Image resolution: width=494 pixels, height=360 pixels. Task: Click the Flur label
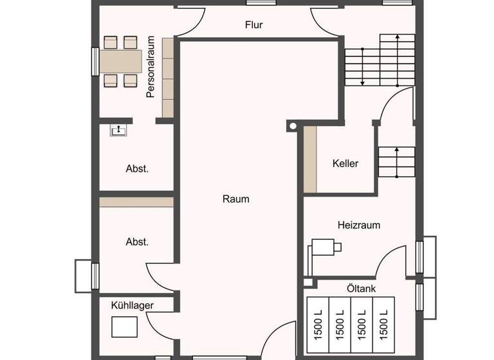point(254,25)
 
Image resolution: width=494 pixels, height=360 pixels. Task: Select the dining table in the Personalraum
point(121,61)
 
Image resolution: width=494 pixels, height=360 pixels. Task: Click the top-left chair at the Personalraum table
point(110,42)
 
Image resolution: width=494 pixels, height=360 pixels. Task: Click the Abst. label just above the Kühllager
point(137,242)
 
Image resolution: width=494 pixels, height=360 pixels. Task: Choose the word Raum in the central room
point(235,199)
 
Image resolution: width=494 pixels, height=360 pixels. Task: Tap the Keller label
point(345,163)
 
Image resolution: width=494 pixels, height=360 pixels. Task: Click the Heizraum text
point(359,226)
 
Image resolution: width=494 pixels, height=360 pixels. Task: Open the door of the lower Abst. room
point(161,278)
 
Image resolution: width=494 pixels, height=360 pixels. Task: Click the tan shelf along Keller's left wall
point(311,160)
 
